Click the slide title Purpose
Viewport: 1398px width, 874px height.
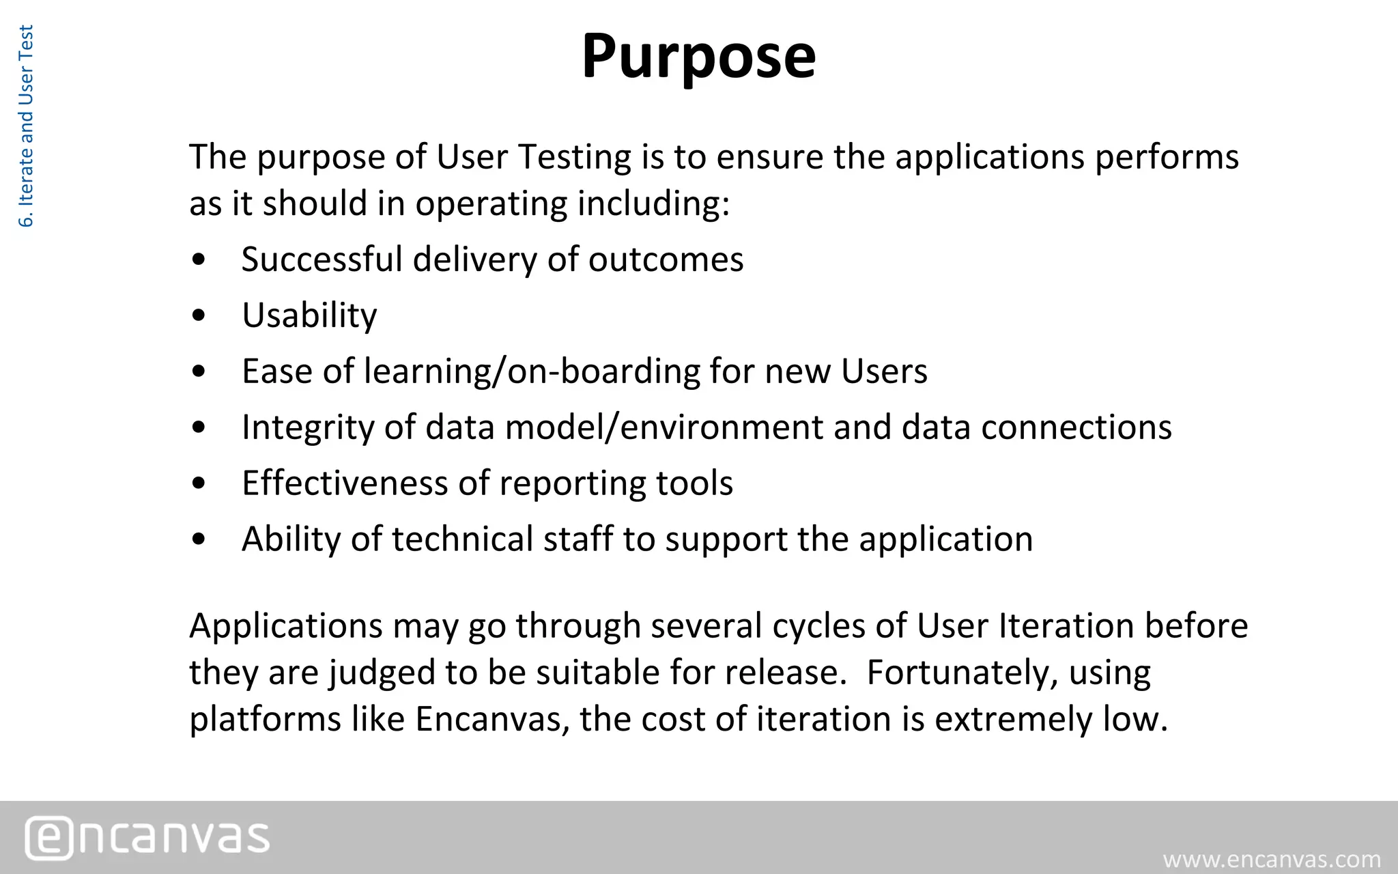698,56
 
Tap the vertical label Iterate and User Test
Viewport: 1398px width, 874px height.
26,126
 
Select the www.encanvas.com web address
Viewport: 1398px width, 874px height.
1272,859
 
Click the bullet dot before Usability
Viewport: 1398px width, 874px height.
199,315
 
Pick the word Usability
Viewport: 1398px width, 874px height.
309,315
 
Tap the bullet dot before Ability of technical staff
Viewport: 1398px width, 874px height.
199,539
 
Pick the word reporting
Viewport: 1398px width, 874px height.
572,483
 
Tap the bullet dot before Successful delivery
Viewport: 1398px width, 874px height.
199,259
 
